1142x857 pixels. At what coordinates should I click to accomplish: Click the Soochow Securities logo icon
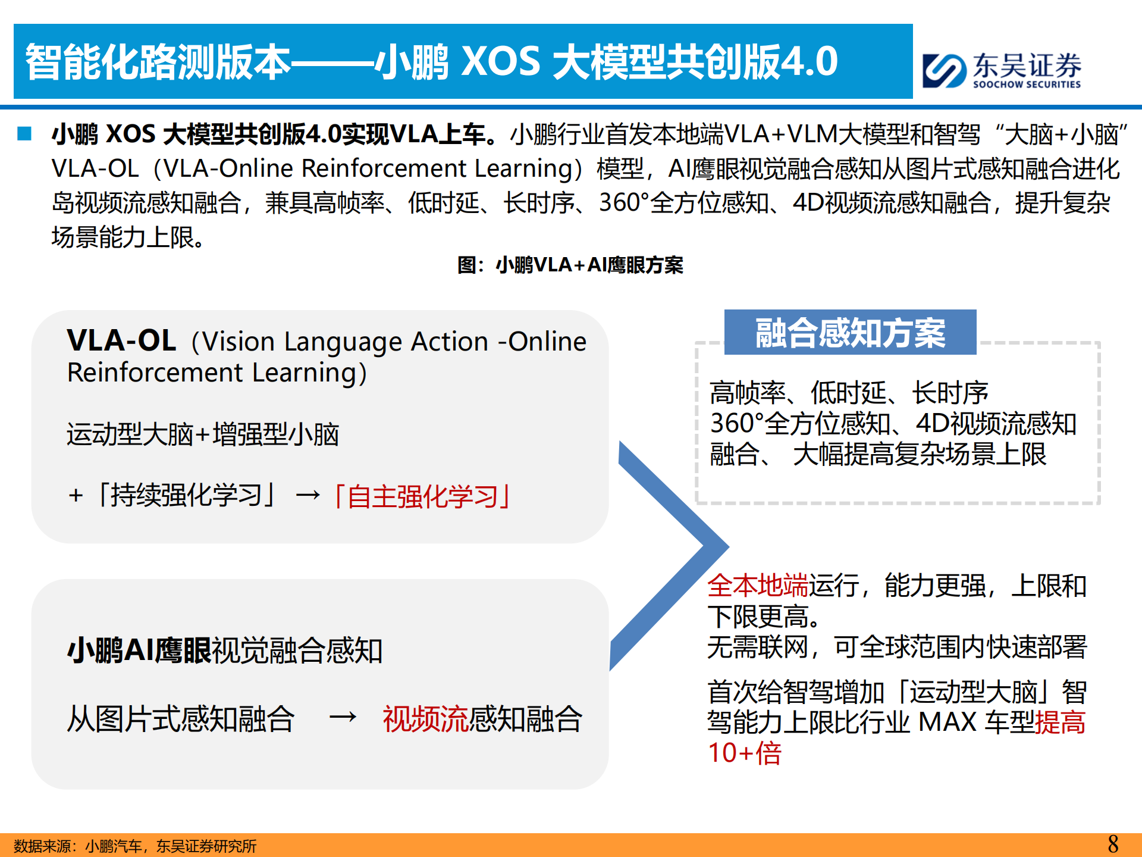[x=944, y=71]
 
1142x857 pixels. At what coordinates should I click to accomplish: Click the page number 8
[x=1113, y=844]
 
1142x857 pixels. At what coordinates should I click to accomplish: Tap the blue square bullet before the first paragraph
[x=24, y=133]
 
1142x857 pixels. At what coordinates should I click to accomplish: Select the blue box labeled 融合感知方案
[x=850, y=332]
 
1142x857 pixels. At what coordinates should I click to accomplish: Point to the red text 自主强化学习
[x=422, y=496]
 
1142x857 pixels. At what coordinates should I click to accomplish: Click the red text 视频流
[x=426, y=719]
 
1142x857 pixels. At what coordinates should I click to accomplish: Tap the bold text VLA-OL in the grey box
[x=122, y=340]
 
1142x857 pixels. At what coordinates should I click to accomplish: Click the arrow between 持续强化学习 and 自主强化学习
[x=308, y=495]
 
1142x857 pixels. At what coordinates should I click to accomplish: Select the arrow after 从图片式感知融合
[x=343, y=718]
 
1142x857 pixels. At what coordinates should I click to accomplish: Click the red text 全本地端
[x=757, y=586]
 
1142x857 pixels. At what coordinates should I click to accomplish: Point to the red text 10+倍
[x=745, y=753]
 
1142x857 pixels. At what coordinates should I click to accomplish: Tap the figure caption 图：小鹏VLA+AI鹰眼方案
[x=570, y=265]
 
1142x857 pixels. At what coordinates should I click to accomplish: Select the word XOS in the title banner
[x=501, y=62]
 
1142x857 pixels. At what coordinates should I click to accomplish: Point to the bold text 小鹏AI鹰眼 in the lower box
[x=139, y=650]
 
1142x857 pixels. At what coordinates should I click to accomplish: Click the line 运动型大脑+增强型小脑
[x=203, y=434]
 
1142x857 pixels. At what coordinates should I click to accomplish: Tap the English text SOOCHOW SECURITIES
[x=1027, y=85]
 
